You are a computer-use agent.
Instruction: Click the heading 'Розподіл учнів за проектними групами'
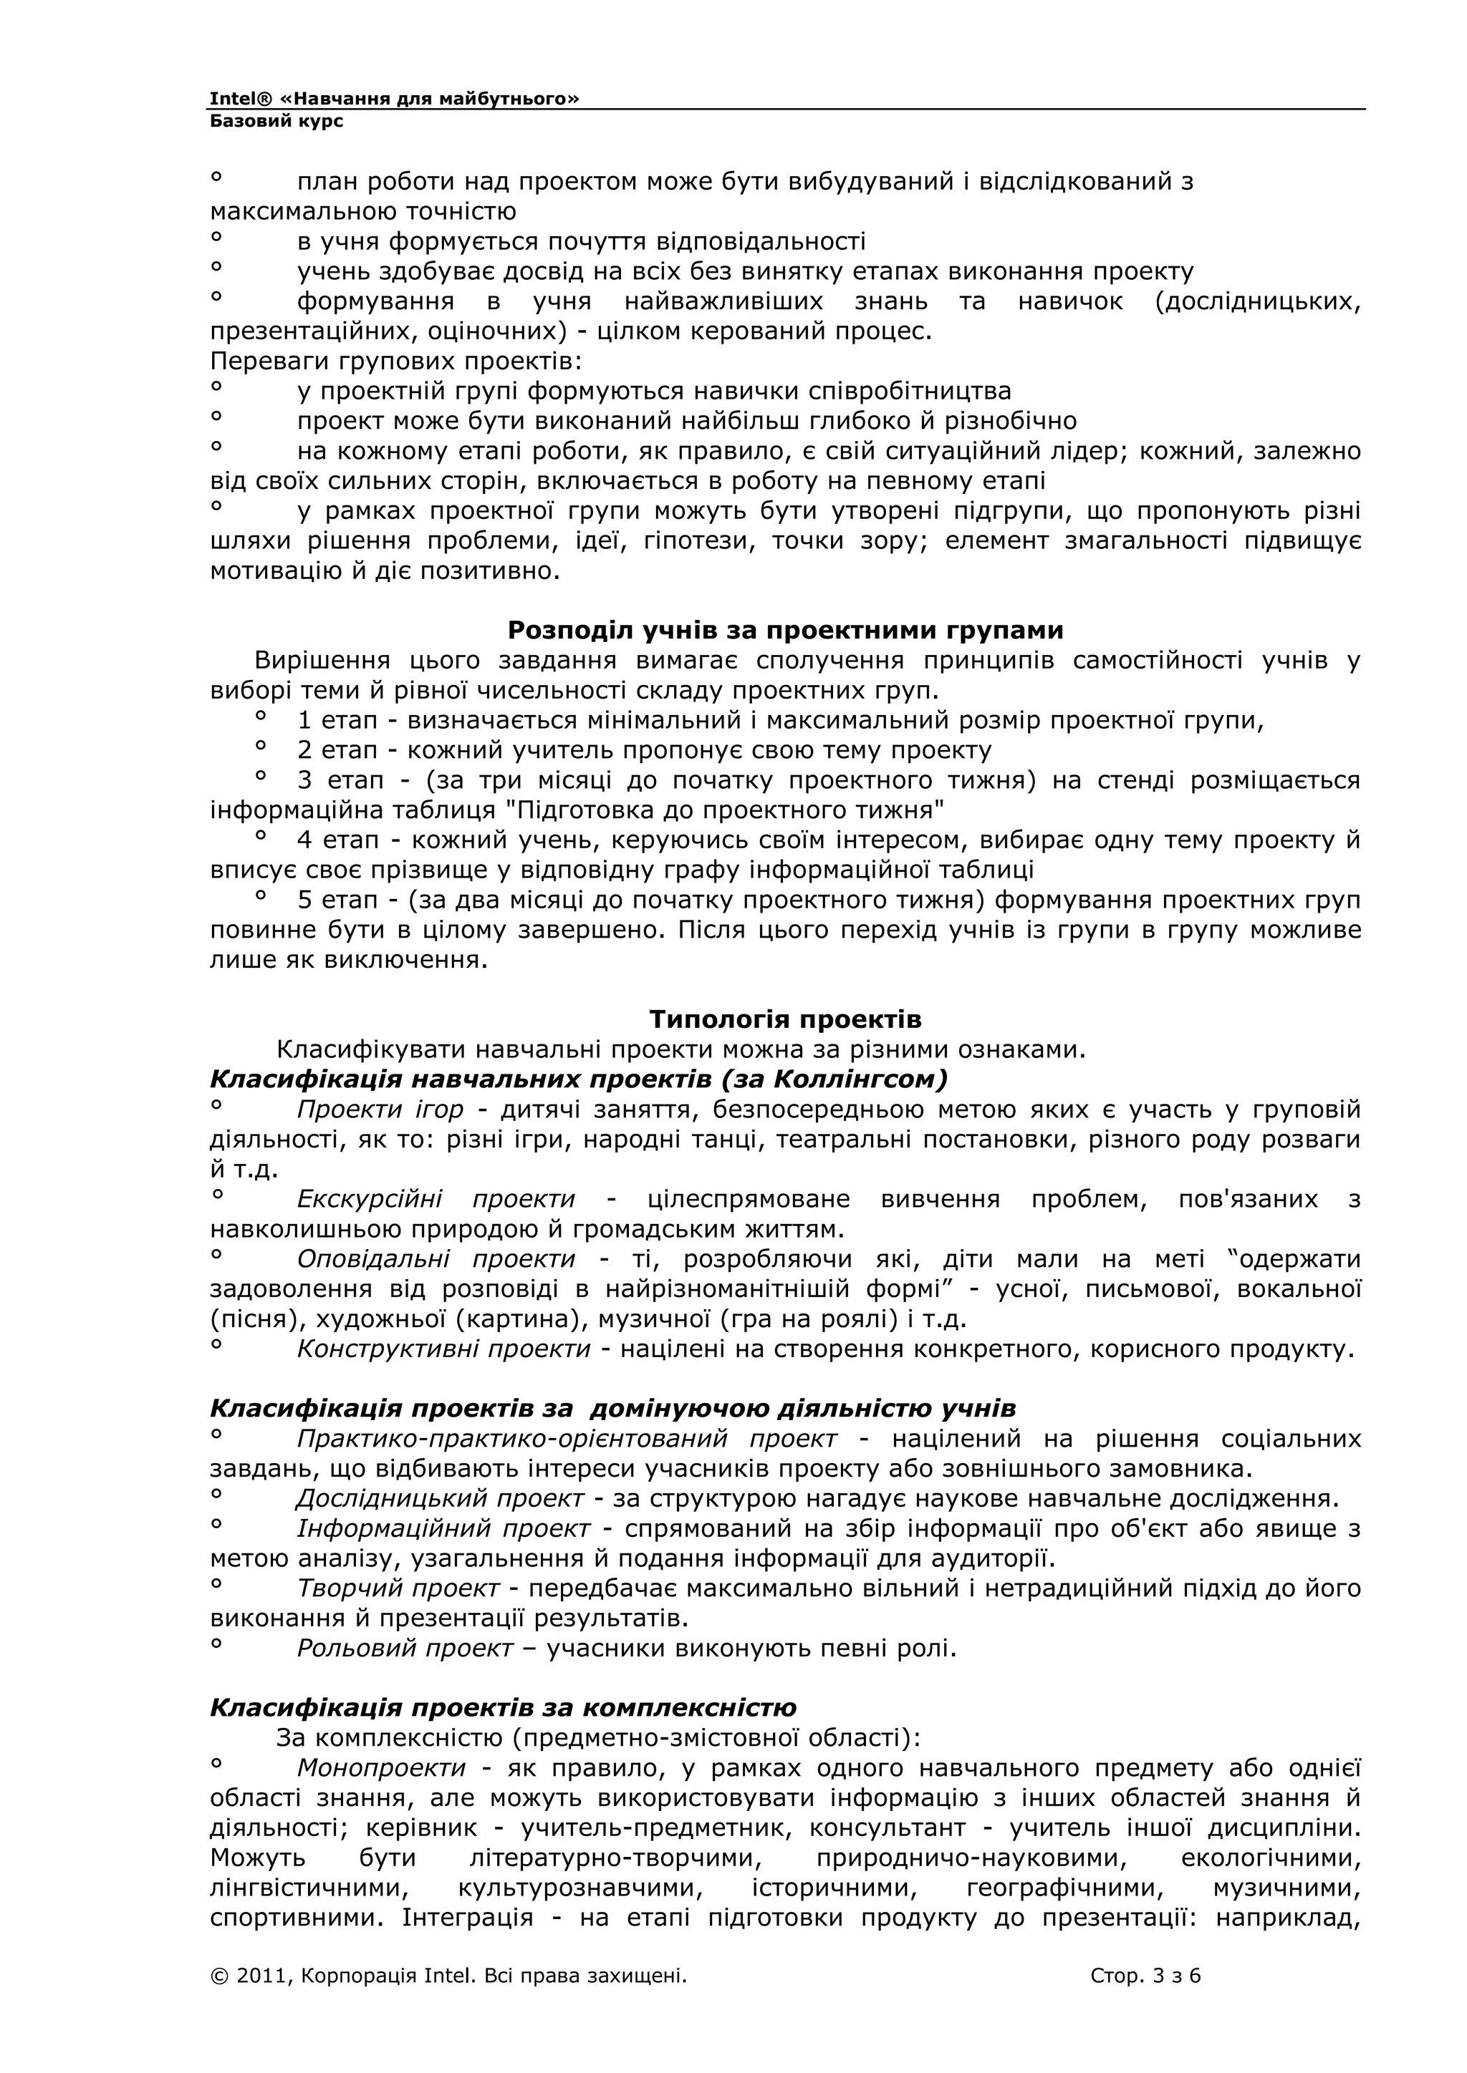[784, 629]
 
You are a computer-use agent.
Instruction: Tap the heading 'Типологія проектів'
[784, 1019]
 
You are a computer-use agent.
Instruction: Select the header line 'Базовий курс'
[276, 121]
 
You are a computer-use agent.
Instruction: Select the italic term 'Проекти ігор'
[380, 1110]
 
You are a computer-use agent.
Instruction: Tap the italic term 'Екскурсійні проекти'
[436, 1199]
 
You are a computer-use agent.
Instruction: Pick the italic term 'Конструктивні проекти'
[443, 1349]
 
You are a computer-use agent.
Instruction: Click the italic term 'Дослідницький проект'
[440, 1499]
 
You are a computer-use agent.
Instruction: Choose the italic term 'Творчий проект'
[398, 1588]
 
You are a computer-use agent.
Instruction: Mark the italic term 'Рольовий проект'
[405, 1648]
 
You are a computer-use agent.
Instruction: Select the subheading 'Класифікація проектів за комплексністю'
[503, 1707]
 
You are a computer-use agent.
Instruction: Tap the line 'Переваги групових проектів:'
[395, 361]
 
